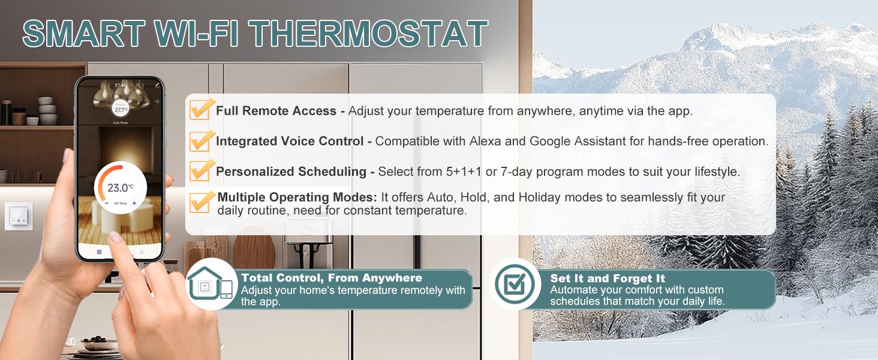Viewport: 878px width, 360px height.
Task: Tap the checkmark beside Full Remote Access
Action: click(201, 110)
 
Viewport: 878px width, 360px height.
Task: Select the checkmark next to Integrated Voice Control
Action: click(201, 140)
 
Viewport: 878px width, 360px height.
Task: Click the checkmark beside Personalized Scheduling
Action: click(201, 170)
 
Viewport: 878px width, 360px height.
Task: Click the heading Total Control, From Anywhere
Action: click(331, 278)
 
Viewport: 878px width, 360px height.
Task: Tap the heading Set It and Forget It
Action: click(608, 279)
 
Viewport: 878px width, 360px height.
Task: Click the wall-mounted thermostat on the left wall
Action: click(19, 217)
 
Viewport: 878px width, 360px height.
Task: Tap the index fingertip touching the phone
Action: click(115, 238)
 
